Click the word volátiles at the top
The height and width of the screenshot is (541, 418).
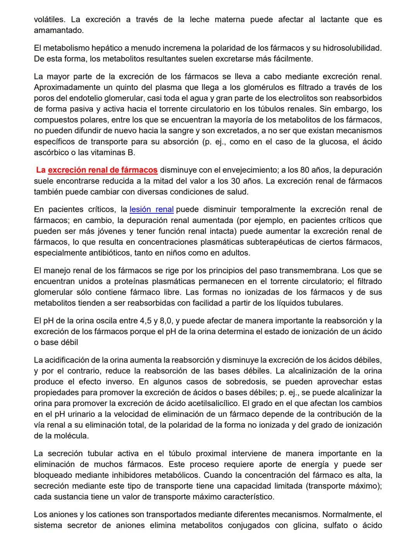(x=49, y=19)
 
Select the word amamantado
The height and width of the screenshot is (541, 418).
(x=58, y=30)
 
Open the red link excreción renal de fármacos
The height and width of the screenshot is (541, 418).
(x=103, y=170)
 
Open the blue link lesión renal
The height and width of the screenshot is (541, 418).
(x=151, y=210)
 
